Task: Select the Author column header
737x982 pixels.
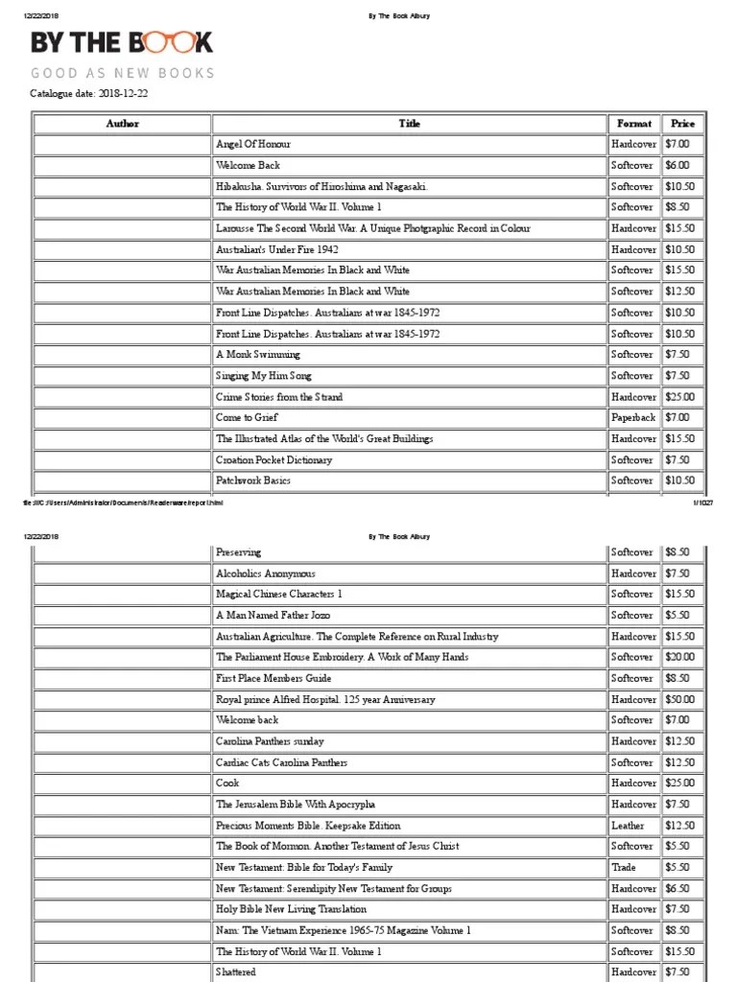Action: coord(122,124)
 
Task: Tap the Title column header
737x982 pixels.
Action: coord(409,124)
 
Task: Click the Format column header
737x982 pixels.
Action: coord(633,124)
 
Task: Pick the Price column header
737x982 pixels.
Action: coord(682,124)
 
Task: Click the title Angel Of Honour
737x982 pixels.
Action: coord(253,145)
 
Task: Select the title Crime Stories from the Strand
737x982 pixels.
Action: coord(279,397)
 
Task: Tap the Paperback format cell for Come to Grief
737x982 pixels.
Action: coord(633,418)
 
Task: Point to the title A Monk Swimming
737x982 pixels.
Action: coord(258,355)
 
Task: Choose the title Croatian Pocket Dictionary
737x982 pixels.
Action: coord(274,460)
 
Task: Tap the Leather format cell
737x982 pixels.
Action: coord(628,826)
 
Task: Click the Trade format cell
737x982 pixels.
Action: coord(624,868)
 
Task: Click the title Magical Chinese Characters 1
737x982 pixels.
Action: coord(279,595)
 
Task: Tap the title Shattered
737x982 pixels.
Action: coord(236,972)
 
